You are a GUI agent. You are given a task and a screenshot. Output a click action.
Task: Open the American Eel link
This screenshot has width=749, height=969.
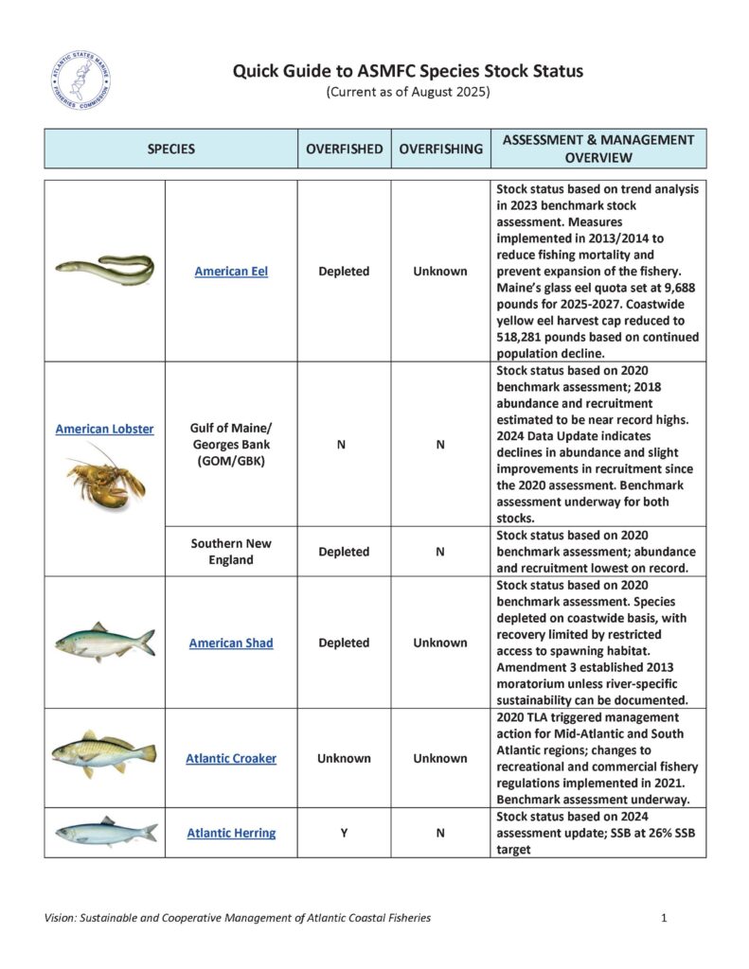tap(231, 271)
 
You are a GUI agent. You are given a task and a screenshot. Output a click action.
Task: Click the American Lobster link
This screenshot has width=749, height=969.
tap(104, 429)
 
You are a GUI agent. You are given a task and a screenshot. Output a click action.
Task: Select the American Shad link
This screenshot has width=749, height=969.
tap(231, 643)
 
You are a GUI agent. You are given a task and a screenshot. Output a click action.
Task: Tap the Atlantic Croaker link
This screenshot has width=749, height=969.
tap(231, 758)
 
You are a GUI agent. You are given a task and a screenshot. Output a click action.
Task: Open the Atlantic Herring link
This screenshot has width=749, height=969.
tap(231, 833)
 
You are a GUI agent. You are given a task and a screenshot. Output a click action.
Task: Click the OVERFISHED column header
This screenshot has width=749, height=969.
tap(344, 149)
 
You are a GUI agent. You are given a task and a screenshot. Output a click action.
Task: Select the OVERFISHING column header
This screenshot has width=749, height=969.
tap(440, 149)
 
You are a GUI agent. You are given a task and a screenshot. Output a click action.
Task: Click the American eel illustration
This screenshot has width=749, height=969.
tap(104, 270)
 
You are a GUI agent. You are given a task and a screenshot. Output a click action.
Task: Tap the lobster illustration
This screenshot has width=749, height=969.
tap(105, 478)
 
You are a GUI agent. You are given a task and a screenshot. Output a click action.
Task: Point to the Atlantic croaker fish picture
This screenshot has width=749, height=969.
tap(104, 754)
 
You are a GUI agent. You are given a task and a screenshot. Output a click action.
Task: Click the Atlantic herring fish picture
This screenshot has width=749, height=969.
tap(105, 833)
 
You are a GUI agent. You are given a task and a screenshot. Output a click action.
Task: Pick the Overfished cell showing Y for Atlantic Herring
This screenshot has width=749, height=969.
tap(344, 833)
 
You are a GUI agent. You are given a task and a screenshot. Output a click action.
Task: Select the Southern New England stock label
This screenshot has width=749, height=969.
tap(231, 552)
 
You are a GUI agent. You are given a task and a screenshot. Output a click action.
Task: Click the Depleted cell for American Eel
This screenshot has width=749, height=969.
tap(344, 271)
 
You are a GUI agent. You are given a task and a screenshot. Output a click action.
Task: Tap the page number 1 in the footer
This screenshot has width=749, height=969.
tap(666, 918)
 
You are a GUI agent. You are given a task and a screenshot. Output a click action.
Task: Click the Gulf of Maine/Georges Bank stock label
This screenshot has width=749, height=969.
tap(231, 445)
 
